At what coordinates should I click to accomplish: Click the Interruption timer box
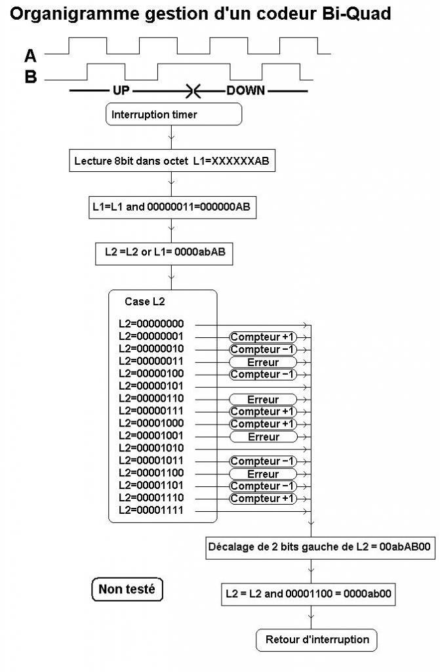tap(174, 115)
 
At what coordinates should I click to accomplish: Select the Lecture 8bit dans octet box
tap(172, 161)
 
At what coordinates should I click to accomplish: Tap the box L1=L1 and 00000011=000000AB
tap(171, 208)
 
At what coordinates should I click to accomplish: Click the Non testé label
tap(127, 590)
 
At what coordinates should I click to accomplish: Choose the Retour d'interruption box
tap(317, 639)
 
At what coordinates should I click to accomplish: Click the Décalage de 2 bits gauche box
tap(320, 546)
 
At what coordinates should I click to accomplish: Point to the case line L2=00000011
tap(151, 361)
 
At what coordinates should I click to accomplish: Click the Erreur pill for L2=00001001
tap(263, 436)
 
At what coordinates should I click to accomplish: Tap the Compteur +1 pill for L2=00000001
tap(263, 337)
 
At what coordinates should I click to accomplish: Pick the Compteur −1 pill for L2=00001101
tap(263, 486)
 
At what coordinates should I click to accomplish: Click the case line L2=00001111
tap(151, 511)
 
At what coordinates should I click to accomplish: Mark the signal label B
tap(30, 77)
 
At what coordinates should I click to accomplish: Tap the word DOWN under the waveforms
tap(246, 91)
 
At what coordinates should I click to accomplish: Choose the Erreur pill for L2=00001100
tap(263, 474)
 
